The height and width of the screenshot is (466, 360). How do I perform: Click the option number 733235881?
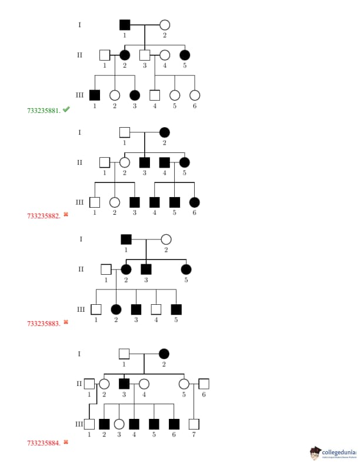point(44,110)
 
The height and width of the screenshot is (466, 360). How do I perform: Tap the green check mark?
point(66,109)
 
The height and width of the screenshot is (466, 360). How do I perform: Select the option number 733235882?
point(44,215)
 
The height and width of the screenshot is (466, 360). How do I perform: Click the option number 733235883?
point(44,323)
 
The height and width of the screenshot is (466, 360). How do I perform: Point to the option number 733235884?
point(44,442)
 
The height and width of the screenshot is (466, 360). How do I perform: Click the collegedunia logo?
point(333,452)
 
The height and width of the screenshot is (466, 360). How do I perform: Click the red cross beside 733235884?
point(66,441)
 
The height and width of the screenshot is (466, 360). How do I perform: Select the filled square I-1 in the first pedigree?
point(125,25)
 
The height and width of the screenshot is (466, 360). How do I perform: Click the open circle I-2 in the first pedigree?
point(165,25)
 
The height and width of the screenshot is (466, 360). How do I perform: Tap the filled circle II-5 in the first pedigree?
point(185,55)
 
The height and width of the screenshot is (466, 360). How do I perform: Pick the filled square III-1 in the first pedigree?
point(95,95)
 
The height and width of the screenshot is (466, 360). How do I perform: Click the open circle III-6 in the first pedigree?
point(195,95)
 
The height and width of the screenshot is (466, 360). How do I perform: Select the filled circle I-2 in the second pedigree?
point(165,132)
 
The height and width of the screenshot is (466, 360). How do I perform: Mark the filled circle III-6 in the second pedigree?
point(195,202)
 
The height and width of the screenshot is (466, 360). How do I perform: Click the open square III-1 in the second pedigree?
point(95,202)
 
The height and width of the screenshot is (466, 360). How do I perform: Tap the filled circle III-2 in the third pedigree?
point(116,309)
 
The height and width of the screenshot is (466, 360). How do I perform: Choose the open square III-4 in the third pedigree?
point(156,309)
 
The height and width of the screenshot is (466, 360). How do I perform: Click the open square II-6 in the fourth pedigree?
point(204,384)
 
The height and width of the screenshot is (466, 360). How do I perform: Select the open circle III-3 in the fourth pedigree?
point(119,424)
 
